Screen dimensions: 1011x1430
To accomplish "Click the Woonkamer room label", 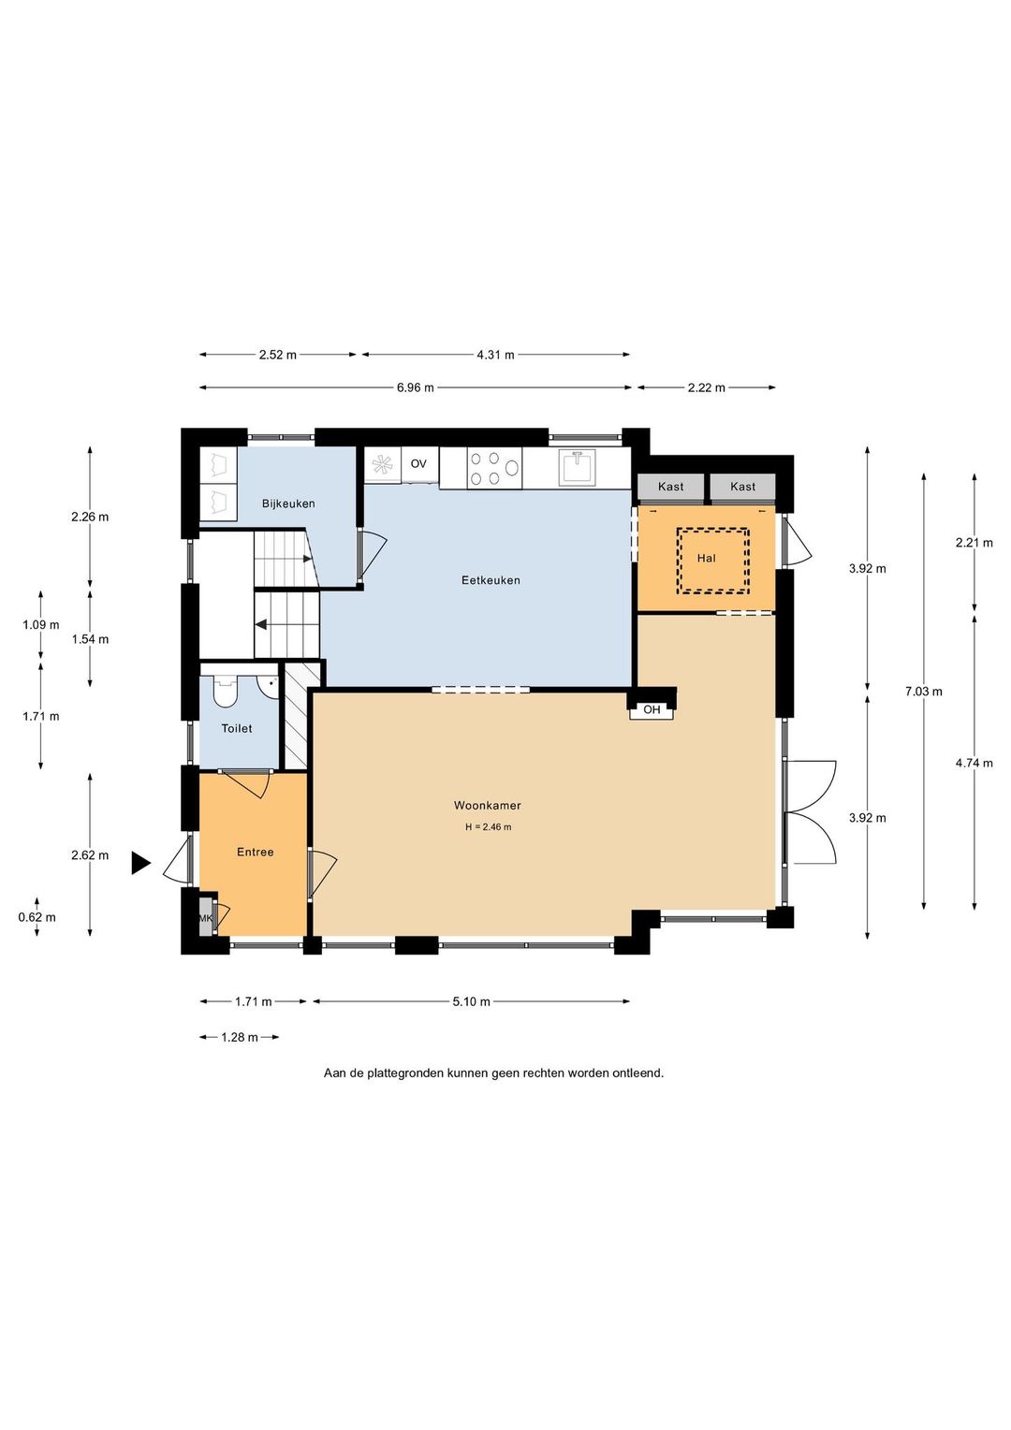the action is pos(488,805).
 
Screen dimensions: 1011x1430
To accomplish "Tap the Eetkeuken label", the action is pos(491,580).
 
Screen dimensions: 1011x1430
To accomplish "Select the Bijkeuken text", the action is pos(288,503).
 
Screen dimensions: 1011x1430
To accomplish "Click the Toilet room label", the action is pos(236,728).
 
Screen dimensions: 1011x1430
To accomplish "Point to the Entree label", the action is pos(255,852).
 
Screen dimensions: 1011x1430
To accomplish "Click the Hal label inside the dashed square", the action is pos(706,558).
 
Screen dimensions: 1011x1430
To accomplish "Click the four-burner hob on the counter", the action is pos(494,468).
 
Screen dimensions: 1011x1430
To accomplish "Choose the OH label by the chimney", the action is pos(652,709).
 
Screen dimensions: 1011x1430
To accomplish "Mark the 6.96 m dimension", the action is pos(415,387).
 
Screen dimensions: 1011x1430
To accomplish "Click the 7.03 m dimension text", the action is pos(924,692).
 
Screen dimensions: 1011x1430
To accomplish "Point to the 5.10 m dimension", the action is pos(471,1001).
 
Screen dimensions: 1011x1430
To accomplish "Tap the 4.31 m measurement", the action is pos(495,355).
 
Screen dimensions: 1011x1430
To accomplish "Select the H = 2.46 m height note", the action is pos(488,826).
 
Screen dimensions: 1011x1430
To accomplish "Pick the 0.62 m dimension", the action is pos(37,917).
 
